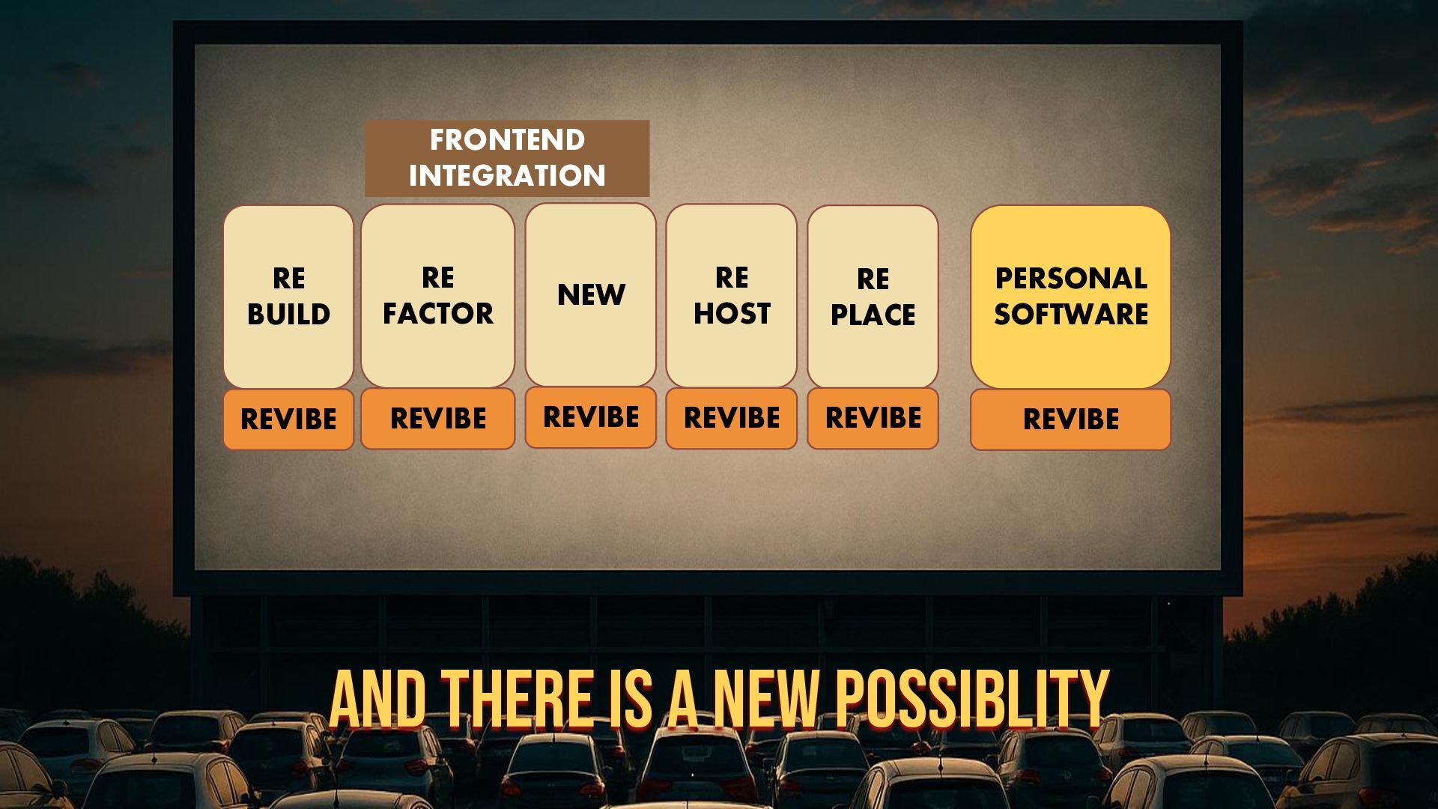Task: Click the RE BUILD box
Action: tap(288, 297)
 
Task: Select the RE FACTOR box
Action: tap(438, 296)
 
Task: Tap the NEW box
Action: tap(591, 294)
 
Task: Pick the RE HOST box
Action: tap(732, 296)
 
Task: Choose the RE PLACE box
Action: tap(873, 297)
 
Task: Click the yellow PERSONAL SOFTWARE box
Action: tap(1071, 297)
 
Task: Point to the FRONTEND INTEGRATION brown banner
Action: tap(507, 158)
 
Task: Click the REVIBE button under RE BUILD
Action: tap(288, 419)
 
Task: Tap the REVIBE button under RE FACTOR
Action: tap(438, 419)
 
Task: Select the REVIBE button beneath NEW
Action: tap(591, 417)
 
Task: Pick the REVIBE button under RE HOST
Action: tap(732, 418)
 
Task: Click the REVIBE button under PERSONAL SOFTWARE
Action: tap(1071, 419)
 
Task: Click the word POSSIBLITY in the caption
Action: tap(972, 699)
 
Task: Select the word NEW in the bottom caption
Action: tap(766, 699)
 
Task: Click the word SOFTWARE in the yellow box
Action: tap(1071, 315)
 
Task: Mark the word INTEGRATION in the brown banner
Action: tap(507, 176)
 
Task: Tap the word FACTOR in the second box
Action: tap(438, 314)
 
